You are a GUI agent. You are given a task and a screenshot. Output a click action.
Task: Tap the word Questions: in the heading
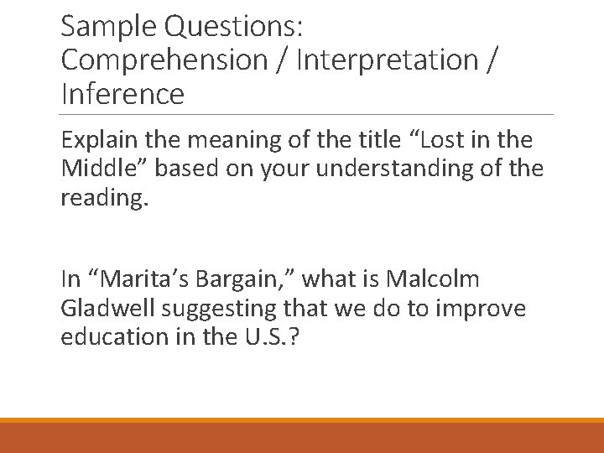tap(235, 27)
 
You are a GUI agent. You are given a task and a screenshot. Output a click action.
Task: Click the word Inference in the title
tap(122, 94)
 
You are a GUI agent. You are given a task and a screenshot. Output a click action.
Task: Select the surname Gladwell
tap(105, 308)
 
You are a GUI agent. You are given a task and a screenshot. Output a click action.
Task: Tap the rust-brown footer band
tap(302, 438)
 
